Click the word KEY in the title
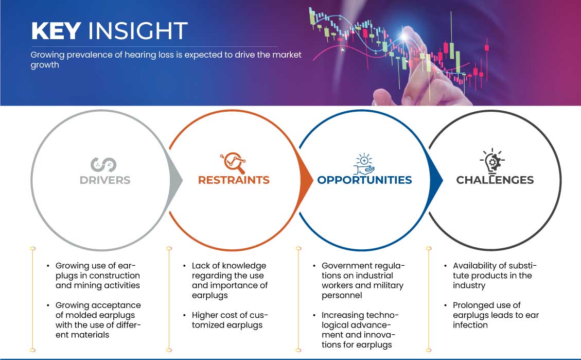tap(56, 31)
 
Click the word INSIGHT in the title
tap(137, 31)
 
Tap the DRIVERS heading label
tap(105, 180)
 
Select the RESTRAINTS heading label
tap(234, 180)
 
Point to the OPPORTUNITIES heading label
tap(365, 180)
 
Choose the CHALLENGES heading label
tap(495, 180)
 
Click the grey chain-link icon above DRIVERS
tap(103, 165)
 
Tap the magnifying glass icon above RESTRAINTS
tap(233, 163)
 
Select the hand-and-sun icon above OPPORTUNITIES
tap(364, 163)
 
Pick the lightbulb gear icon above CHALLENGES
tap(492, 161)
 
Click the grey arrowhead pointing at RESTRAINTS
tap(176, 181)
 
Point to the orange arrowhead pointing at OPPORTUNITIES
tap(306, 181)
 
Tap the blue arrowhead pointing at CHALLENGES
tap(436, 181)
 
